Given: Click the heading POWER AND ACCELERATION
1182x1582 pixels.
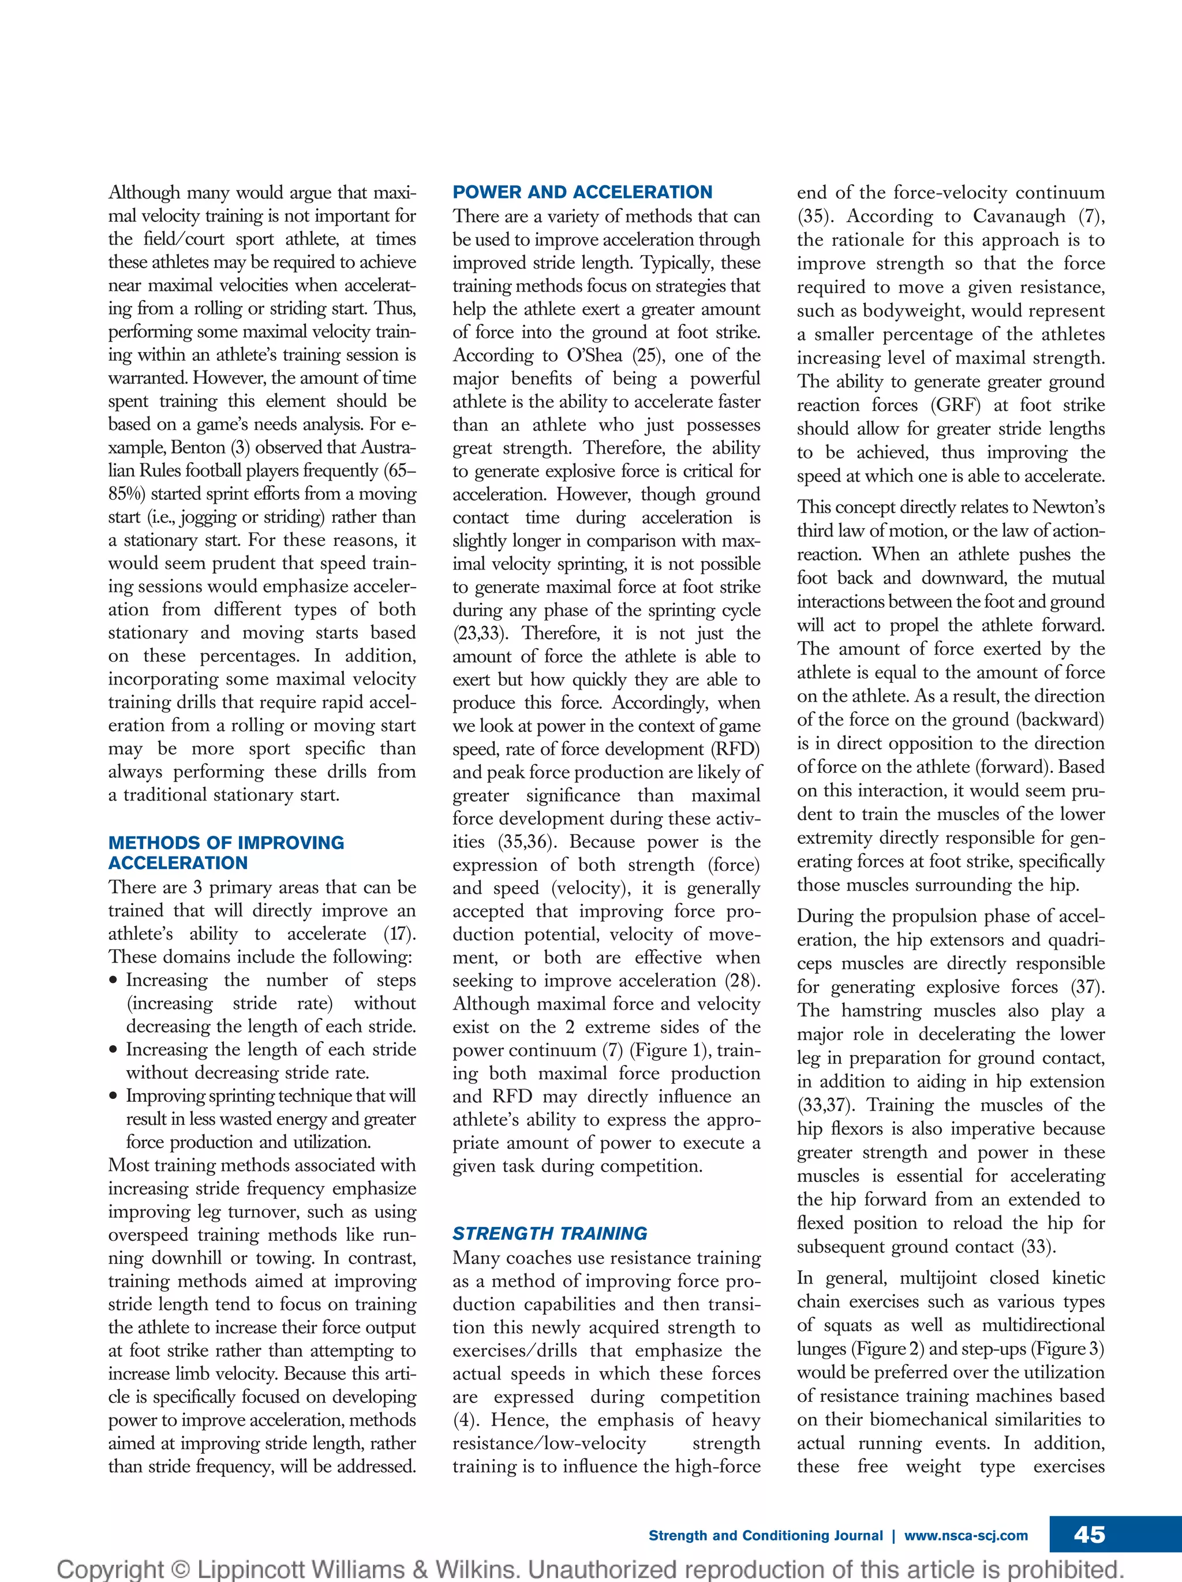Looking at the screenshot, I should (x=582, y=192).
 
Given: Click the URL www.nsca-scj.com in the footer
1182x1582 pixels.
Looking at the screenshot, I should (x=966, y=1535).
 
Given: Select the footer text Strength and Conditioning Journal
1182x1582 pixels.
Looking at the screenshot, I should (x=765, y=1535).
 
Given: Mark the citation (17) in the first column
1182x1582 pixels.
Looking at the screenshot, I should (x=399, y=934).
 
